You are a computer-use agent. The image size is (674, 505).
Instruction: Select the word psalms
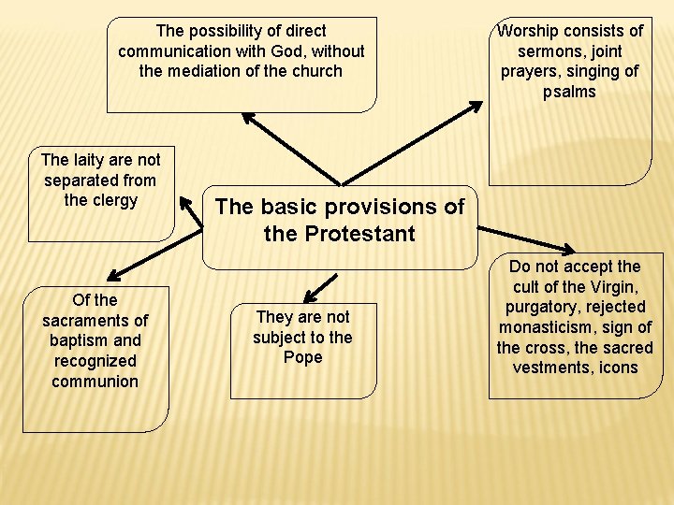coord(569,92)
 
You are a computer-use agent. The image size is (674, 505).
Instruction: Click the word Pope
coord(301,357)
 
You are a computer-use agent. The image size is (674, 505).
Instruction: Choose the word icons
coord(618,368)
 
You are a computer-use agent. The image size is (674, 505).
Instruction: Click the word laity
coord(91,160)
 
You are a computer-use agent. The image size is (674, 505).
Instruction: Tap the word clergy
coord(113,200)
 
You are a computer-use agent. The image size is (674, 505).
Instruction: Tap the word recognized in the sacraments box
coord(95,361)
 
